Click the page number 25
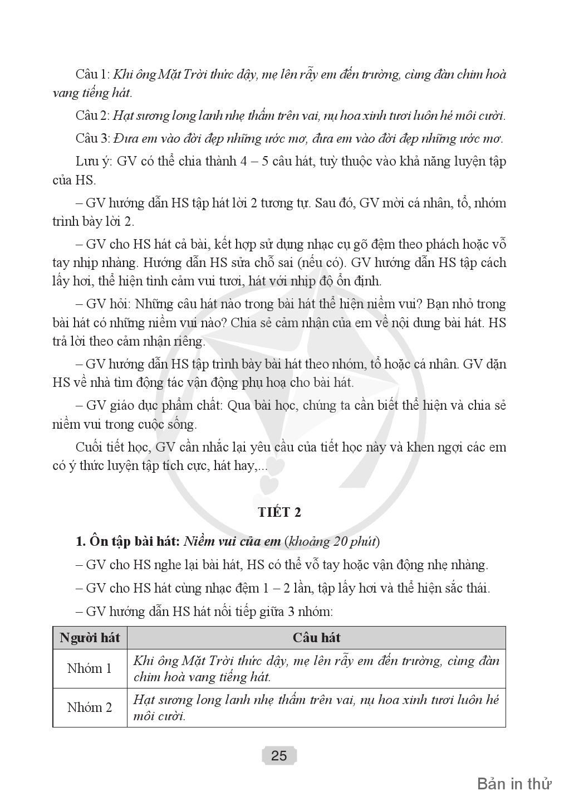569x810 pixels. (x=279, y=756)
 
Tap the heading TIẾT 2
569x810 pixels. (x=279, y=511)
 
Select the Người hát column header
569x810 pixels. (x=90, y=638)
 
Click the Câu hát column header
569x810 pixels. (x=316, y=638)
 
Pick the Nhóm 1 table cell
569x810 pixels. (x=90, y=668)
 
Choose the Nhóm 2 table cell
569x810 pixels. (x=90, y=707)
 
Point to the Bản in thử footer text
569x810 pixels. (x=514, y=784)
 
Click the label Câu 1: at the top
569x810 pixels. (x=93, y=75)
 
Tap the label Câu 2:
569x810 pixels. (x=93, y=116)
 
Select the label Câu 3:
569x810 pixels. (x=93, y=138)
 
